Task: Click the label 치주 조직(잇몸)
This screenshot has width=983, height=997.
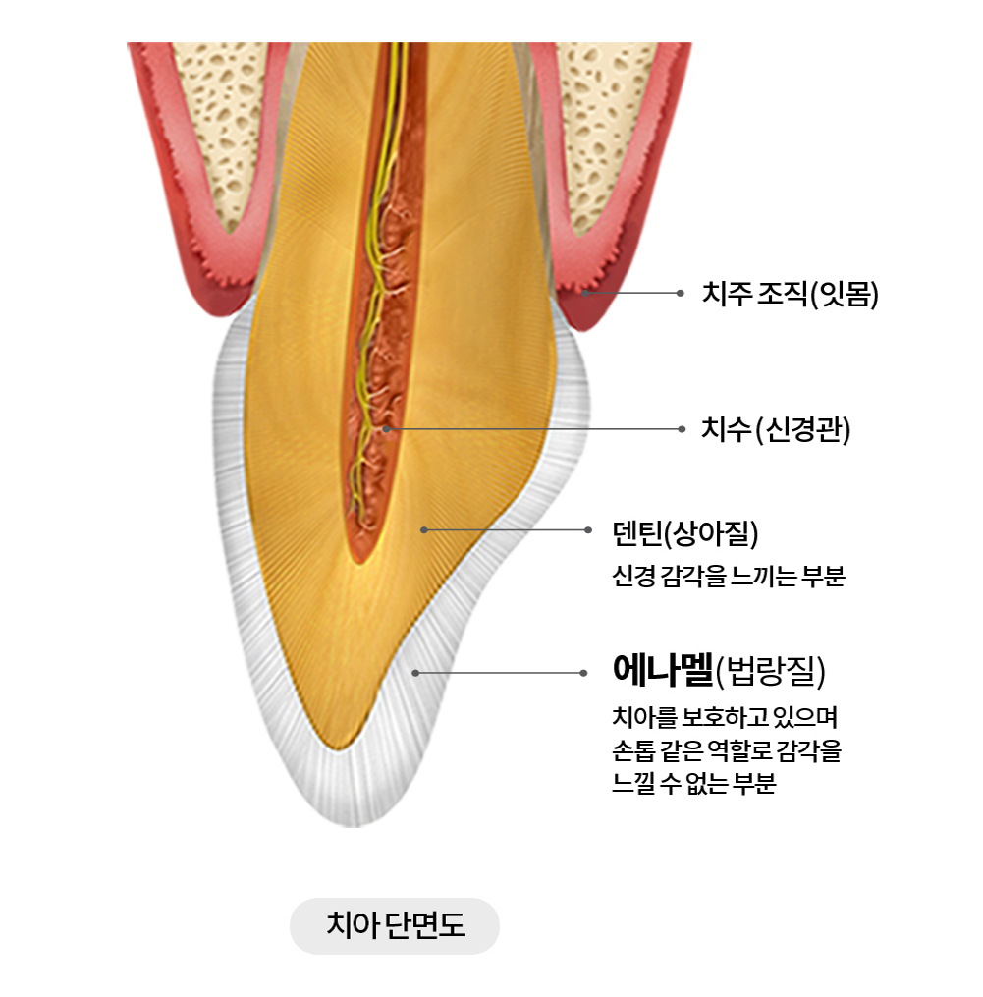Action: pyautogui.click(x=790, y=294)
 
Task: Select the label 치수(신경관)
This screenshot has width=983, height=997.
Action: pyautogui.click(x=776, y=429)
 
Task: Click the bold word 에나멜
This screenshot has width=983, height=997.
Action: pyautogui.click(x=662, y=672)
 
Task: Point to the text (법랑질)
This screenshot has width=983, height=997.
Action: pyautogui.click(x=770, y=673)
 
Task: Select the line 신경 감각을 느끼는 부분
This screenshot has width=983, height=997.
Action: pyautogui.click(x=728, y=577)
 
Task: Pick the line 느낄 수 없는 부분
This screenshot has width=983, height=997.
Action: pyautogui.click(x=693, y=786)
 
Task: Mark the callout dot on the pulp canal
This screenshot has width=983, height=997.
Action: pyautogui.click(x=386, y=429)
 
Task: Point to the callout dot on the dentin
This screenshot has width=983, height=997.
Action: pyautogui.click(x=424, y=530)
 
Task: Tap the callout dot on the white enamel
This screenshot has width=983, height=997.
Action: pyautogui.click(x=416, y=673)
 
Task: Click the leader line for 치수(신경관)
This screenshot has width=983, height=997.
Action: pyautogui.click(x=530, y=429)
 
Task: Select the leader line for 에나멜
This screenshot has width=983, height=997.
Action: pyautogui.click(x=501, y=673)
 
